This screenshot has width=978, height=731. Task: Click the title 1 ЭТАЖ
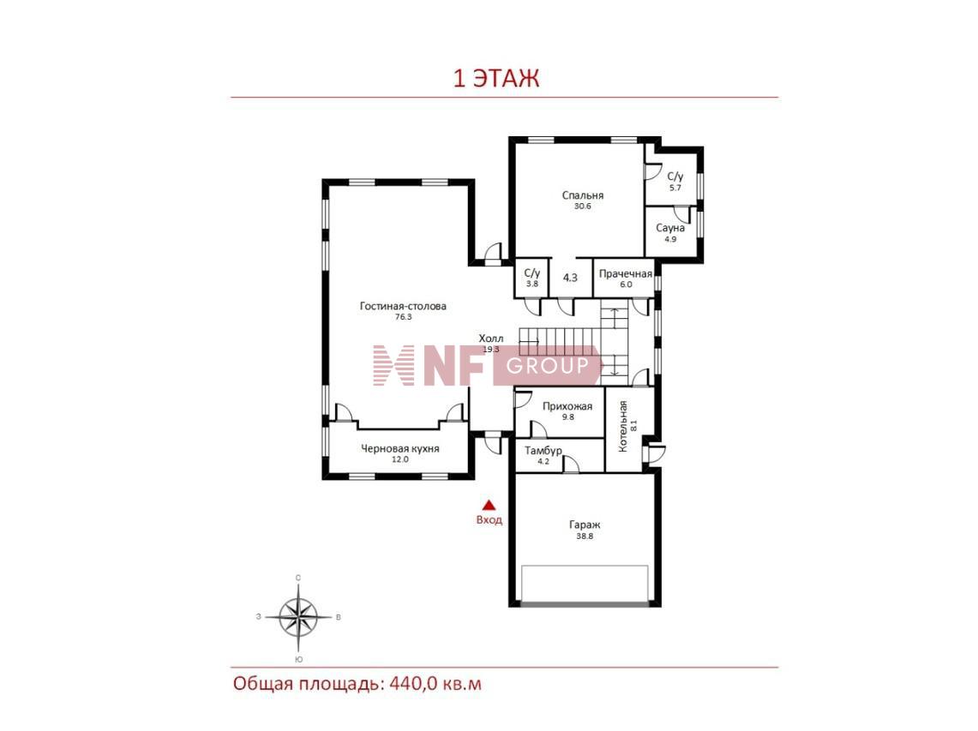pyautogui.click(x=496, y=79)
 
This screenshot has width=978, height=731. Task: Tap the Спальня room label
pyautogui.click(x=583, y=195)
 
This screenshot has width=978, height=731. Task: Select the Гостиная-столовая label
pyautogui.click(x=403, y=306)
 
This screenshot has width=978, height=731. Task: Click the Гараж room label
pyautogui.click(x=585, y=525)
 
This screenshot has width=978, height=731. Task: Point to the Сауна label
pyautogui.click(x=670, y=228)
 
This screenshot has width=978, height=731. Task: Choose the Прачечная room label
pyautogui.click(x=626, y=274)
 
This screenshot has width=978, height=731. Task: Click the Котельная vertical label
pyautogui.click(x=622, y=427)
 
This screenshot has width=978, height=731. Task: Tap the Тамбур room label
pyautogui.click(x=543, y=450)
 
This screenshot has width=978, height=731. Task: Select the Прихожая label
pyautogui.click(x=567, y=407)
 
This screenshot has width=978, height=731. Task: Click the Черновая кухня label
pyautogui.click(x=400, y=448)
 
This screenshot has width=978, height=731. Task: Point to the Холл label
pyautogui.click(x=491, y=339)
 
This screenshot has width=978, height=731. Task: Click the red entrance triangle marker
pyautogui.click(x=489, y=506)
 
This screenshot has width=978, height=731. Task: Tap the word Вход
pyautogui.click(x=489, y=519)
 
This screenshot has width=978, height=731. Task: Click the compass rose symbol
pyautogui.click(x=299, y=617)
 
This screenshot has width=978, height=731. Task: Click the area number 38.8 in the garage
pyautogui.click(x=585, y=536)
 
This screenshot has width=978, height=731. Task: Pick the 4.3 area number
pyautogui.click(x=570, y=278)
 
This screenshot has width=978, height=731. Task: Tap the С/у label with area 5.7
pyautogui.click(x=675, y=177)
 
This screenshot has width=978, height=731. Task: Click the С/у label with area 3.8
pyautogui.click(x=532, y=273)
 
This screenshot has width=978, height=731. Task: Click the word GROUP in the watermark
pyautogui.click(x=548, y=365)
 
